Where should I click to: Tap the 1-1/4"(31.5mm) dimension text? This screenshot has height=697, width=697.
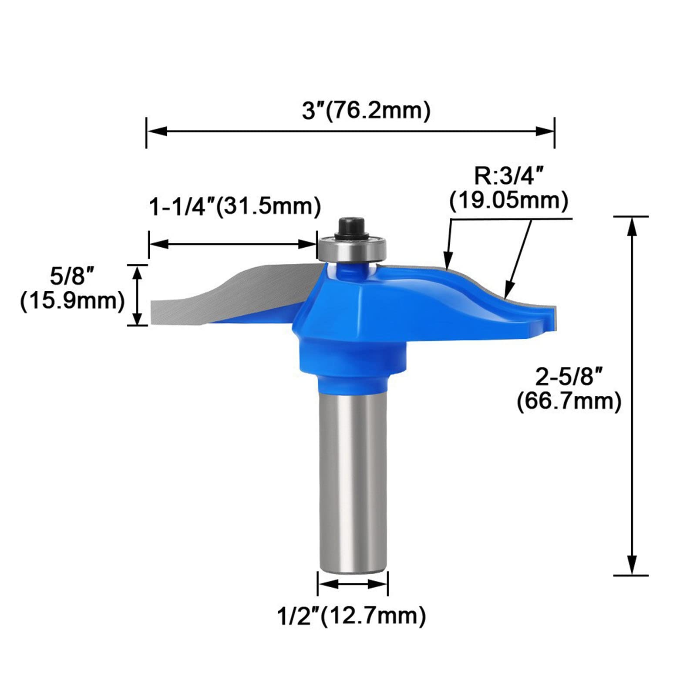(235, 207)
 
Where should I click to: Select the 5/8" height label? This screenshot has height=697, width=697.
(72, 276)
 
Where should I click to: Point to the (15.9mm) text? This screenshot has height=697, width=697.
(72, 301)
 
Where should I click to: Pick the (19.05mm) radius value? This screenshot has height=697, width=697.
(509, 201)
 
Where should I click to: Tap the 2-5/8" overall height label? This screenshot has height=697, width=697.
(569, 377)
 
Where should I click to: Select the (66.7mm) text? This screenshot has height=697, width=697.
(569, 401)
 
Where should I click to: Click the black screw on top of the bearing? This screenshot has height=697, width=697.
(352, 227)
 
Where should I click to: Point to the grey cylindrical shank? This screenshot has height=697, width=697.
(353, 479)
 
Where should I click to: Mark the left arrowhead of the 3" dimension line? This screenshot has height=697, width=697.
(157, 131)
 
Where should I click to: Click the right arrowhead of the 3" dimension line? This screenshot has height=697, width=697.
(544, 131)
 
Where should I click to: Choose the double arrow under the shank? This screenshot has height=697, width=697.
(353, 584)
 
